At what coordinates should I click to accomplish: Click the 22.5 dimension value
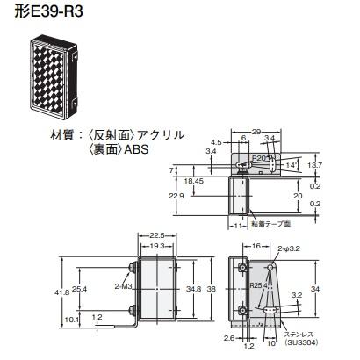point(157,234)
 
